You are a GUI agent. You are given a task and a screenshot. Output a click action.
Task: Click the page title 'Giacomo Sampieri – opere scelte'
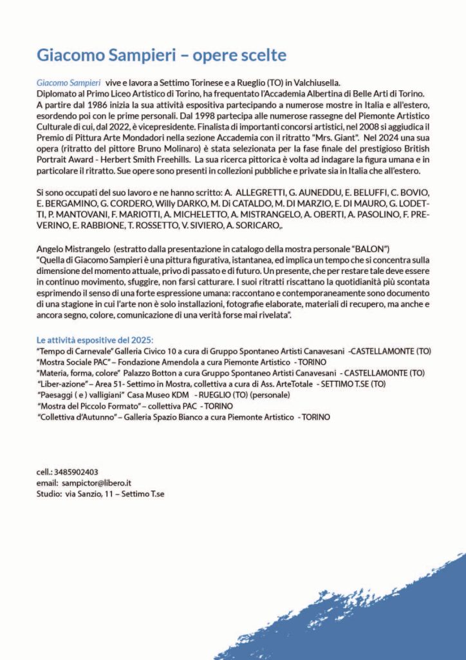(x=161, y=55)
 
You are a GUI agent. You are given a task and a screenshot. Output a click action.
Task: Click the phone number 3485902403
(x=77, y=472)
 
